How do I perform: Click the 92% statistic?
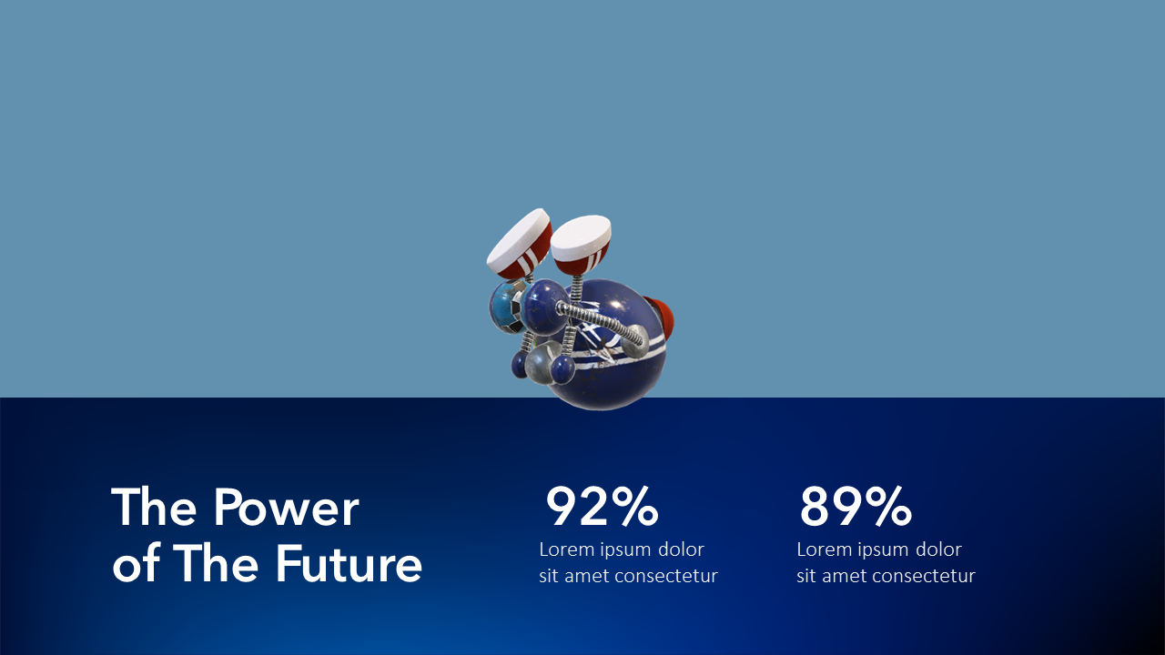point(602,508)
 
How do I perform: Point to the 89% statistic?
point(856,508)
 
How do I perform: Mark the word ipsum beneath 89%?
point(881,549)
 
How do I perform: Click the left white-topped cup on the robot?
point(520,244)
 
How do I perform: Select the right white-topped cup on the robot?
point(581,241)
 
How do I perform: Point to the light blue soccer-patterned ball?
point(503,307)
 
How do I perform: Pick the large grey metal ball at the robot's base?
point(543,364)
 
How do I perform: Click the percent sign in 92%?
point(634,508)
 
